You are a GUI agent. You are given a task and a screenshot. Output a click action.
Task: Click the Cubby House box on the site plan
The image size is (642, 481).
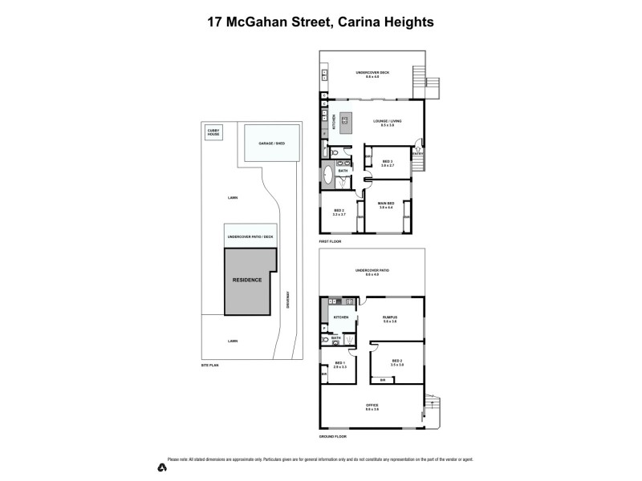click(214, 133)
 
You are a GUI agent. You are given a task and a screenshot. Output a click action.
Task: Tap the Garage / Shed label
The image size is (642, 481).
click(271, 143)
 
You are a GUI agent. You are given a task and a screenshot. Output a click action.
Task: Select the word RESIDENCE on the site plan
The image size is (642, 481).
click(246, 281)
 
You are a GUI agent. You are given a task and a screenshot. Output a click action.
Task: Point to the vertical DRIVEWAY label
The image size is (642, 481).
click(286, 301)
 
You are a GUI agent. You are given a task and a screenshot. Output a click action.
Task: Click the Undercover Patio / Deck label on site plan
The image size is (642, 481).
click(250, 237)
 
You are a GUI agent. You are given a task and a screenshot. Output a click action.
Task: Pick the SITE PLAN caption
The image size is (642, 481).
click(209, 365)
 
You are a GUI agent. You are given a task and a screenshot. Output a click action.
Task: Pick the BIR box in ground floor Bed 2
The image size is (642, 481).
click(383, 380)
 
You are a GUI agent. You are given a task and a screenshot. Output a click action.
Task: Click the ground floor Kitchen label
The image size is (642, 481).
click(339, 317)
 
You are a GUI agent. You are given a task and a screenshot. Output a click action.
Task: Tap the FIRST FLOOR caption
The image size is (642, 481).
click(330, 240)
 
